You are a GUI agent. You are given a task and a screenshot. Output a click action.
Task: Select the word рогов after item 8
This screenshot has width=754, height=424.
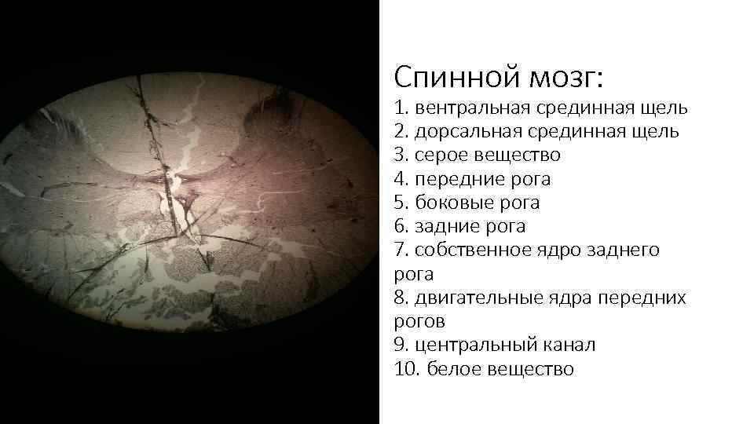[x=419, y=322]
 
